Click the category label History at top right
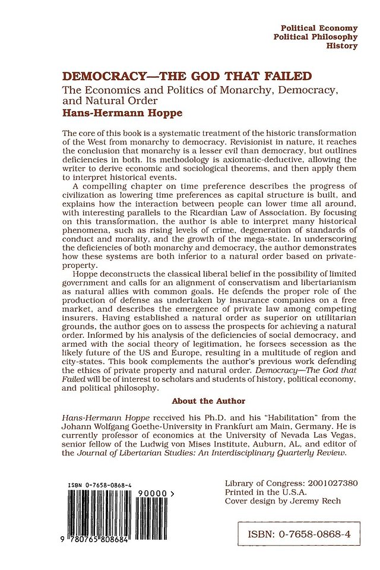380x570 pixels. tap(342, 46)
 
